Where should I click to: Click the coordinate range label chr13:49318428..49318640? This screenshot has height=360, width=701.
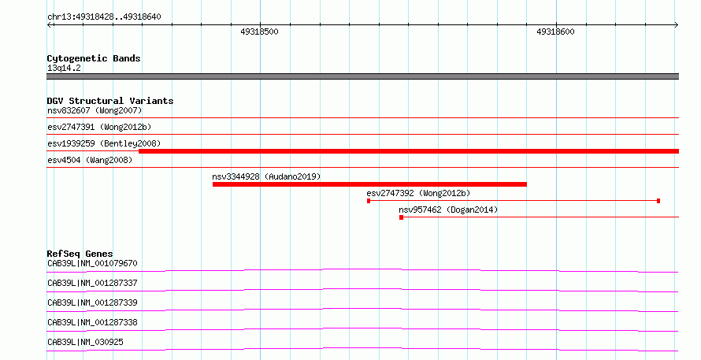click(x=104, y=17)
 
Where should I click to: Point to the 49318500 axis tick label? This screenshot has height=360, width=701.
click(x=259, y=32)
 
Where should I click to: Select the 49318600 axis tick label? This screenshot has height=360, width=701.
click(x=555, y=32)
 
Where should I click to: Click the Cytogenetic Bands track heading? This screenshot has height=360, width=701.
click(x=94, y=58)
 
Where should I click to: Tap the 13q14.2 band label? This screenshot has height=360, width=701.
click(x=64, y=68)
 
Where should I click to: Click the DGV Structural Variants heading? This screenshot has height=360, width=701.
click(x=110, y=101)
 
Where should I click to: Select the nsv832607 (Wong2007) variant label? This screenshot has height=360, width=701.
click(x=95, y=110)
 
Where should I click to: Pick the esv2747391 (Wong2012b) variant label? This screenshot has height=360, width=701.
click(x=99, y=127)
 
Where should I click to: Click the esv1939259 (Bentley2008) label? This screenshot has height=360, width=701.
click(x=104, y=143)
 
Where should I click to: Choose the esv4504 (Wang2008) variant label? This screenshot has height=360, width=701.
click(x=90, y=160)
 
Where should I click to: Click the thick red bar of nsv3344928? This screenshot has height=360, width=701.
click(x=369, y=184)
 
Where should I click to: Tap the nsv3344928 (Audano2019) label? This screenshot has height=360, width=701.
click(x=266, y=176)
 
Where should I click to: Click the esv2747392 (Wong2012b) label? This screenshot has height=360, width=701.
click(x=418, y=193)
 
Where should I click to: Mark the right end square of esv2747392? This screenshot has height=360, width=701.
click(x=658, y=201)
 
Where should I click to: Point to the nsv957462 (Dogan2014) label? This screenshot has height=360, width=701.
click(x=448, y=210)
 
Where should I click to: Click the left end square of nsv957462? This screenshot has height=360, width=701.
click(x=402, y=217)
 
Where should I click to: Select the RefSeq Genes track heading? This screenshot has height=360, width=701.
click(x=80, y=254)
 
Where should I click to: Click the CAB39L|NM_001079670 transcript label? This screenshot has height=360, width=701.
click(x=92, y=263)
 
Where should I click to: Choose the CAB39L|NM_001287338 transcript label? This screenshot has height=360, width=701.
click(x=92, y=322)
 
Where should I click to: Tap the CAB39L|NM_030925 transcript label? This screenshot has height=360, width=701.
click(x=85, y=342)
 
